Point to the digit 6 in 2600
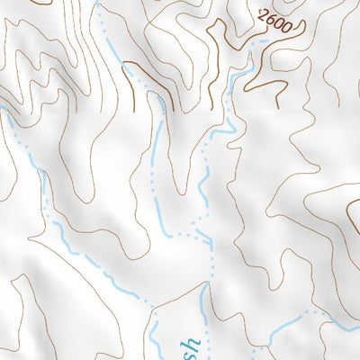click(x=269, y=19)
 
